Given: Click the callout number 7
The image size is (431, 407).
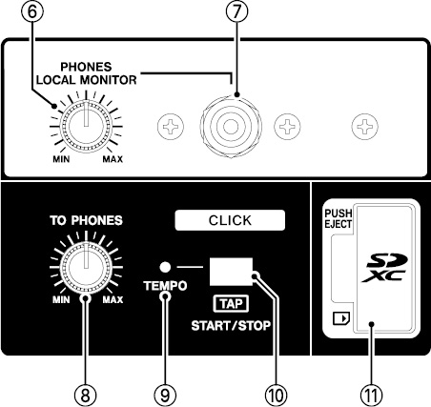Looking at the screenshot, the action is (x=236, y=11).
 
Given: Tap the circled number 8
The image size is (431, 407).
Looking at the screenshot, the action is (x=85, y=396).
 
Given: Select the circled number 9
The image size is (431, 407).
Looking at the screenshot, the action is (x=165, y=396).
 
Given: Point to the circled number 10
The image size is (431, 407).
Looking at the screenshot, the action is (x=276, y=396).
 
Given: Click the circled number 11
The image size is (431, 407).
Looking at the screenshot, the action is (x=371, y=396).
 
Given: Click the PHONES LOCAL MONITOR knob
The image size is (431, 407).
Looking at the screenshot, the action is (x=86, y=127).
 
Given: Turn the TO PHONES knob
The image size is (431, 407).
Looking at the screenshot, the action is (x=86, y=268).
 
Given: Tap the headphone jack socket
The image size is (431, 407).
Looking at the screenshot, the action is (x=231, y=127).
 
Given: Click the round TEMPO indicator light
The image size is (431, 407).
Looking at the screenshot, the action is (x=165, y=267).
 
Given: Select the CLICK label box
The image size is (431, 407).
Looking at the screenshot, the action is (x=230, y=220).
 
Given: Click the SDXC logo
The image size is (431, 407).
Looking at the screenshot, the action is (x=385, y=268).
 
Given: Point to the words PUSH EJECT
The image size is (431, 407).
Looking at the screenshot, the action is (x=338, y=218).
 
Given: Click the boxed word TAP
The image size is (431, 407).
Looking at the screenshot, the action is (x=231, y=304).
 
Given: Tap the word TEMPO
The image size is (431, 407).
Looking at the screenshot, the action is (x=165, y=286).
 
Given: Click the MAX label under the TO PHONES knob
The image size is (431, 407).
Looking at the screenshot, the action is (x=113, y=299).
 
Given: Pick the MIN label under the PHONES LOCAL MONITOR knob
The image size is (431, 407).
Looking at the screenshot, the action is (x=61, y=159).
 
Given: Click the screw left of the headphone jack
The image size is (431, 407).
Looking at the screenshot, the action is (x=171, y=127).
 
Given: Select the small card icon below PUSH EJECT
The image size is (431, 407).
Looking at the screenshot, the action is (x=341, y=318).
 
